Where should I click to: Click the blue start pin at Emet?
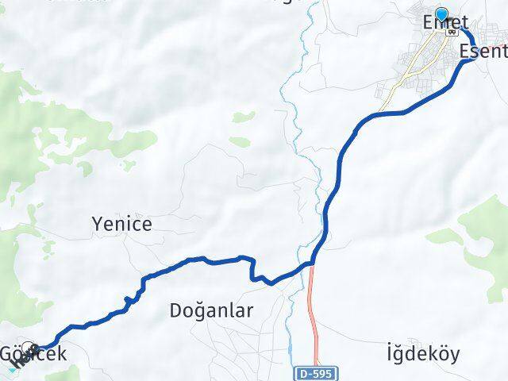tap(442, 14)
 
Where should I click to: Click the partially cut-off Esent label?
tap(483, 52)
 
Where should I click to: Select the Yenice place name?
tap(122, 225)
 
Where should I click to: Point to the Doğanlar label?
tap(211, 311)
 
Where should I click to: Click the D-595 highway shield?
tap(319, 372)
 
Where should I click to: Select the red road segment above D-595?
tap(314, 310)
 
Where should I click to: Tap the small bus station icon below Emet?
tap(452, 32)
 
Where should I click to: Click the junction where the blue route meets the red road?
tap(314, 261)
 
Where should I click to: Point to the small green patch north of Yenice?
tap(241, 117)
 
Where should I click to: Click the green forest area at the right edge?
tap(486, 230)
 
